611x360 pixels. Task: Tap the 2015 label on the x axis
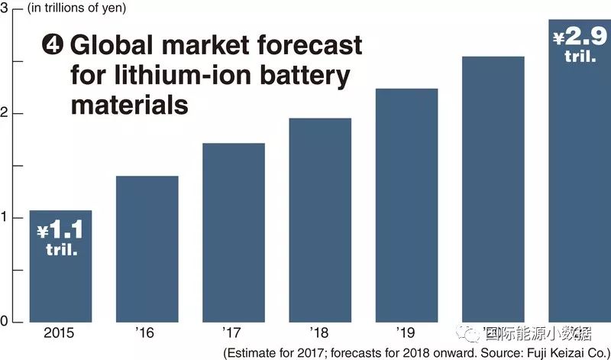(x=60, y=333)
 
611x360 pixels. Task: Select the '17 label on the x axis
(x=233, y=333)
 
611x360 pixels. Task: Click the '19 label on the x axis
(x=406, y=333)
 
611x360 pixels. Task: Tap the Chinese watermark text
(x=535, y=334)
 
